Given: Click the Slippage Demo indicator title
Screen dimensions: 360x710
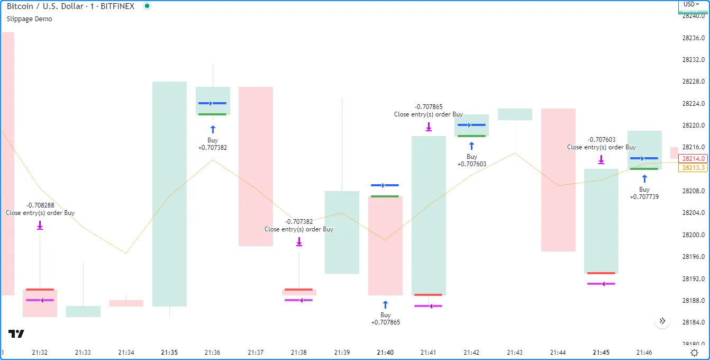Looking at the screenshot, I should [29, 19].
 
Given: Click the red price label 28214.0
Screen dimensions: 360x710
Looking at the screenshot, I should [694, 158].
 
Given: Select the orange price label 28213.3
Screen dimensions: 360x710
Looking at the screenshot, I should [694, 168].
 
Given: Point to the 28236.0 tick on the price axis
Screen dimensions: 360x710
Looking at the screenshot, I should [693, 38].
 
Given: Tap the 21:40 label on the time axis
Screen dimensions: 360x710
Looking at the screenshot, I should [385, 353].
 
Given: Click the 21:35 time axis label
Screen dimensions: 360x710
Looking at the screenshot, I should [169, 353].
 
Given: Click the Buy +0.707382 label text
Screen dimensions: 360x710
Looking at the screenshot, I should [213, 144].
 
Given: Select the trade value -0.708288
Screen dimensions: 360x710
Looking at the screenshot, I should [40, 205].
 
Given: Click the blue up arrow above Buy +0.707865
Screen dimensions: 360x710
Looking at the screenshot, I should [385, 304].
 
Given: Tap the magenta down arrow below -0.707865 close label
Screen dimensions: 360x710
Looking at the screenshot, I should [429, 127].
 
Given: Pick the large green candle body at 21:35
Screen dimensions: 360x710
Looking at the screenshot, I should [169, 194].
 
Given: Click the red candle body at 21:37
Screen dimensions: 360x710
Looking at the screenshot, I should [256, 166].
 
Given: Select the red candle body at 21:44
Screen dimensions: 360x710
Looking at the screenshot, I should [558, 180].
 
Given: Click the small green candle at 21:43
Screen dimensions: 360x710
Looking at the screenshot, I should [515, 114].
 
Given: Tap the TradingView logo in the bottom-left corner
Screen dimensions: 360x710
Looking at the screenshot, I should [16, 334].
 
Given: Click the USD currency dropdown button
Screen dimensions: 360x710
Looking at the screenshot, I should [691, 4].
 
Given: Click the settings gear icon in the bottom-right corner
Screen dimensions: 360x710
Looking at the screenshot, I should [694, 353].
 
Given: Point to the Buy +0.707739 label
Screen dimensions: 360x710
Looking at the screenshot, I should [644, 193].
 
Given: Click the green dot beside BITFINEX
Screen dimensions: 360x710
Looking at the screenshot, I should [147, 6].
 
